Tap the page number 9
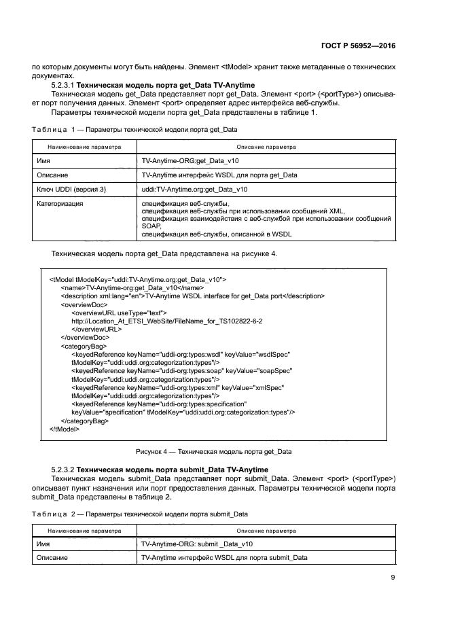393,578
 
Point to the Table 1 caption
134,129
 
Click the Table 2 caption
139,514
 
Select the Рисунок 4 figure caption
214,451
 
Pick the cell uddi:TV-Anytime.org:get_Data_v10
194,189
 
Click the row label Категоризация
60,203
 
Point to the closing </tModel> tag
64,429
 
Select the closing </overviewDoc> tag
85,337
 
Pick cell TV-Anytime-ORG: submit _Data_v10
198,544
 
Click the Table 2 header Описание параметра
266,530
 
